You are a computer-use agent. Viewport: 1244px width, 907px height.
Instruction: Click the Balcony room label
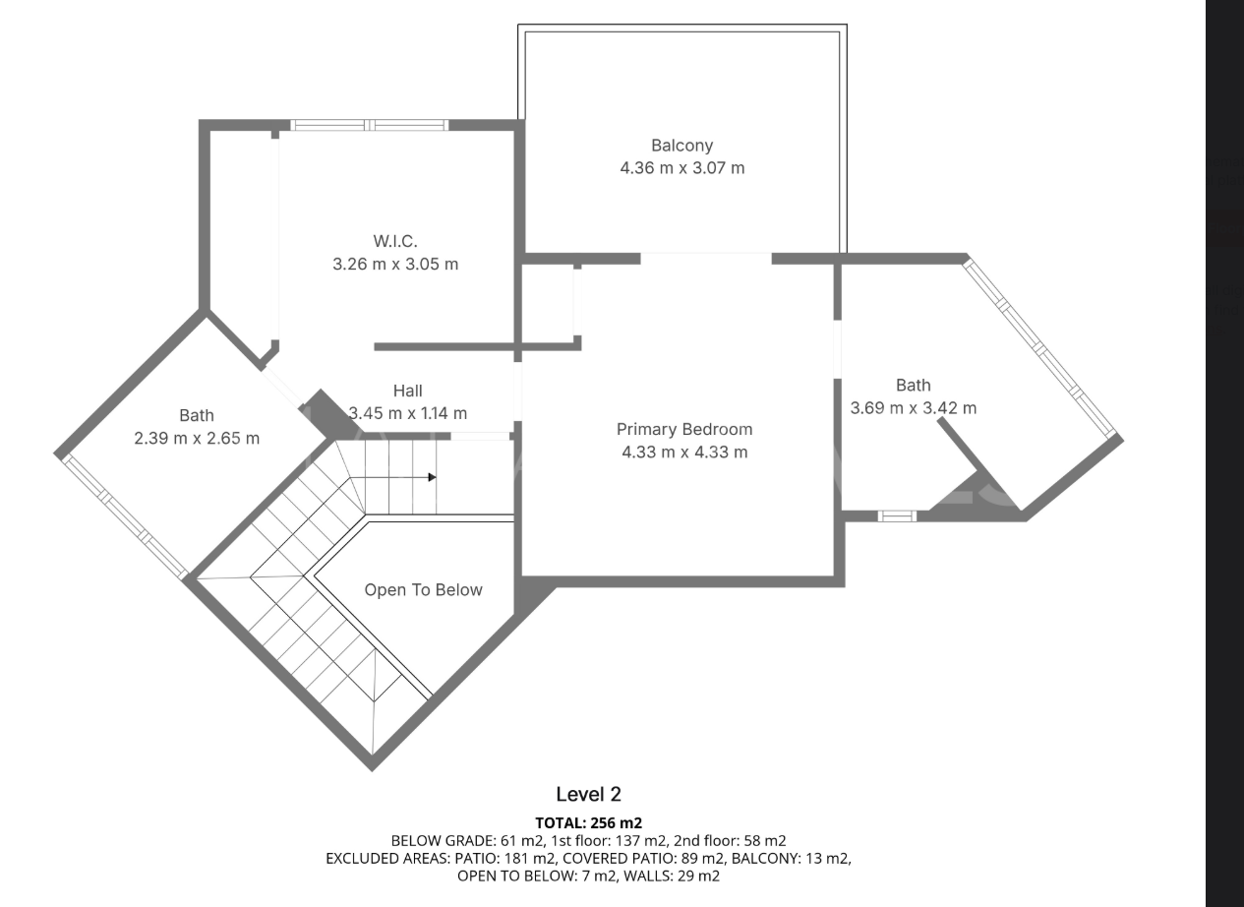pyautogui.click(x=681, y=146)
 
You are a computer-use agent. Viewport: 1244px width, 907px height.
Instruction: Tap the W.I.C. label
pyautogui.click(x=395, y=241)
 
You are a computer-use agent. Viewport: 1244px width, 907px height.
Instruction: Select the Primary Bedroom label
pyautogui.click(x=683, y=429)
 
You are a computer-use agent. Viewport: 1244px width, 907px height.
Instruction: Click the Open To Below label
pyautogui.click(x=423, y=590)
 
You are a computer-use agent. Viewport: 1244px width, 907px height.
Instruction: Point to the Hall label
pyautogui.click(x=407, y=391)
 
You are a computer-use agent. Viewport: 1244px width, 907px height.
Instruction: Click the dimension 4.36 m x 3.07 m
pyautogui.click(x=681, y=168)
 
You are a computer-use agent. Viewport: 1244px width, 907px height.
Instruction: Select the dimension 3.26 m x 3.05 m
pyautogui.click(x=395, y=264)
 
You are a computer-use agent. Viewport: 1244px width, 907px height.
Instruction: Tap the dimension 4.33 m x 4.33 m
pyautogui.click(x=683, y=453)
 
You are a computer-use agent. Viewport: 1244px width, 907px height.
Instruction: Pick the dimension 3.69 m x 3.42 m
pyautogui.click(x=913, y=408)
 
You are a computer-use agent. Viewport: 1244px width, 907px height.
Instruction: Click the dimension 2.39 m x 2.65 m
pyautogui.click(x=197, y=439)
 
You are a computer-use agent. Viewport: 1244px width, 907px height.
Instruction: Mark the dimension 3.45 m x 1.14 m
pyautogui.click(x=407, y=413)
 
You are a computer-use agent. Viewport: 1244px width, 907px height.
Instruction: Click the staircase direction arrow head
pyautogui.click(x=432, y=478)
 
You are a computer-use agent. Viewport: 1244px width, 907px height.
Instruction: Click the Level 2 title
pyautogui.click(x=588, y=794)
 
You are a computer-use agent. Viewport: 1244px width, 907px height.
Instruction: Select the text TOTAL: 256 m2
pyautogui.click(x=588, y=822)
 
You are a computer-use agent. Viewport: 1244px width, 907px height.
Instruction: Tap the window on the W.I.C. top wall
pyautogui.click(x=370, y=125)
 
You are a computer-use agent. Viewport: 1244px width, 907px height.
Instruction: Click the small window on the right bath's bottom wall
pyautogui.click(x=896, y=515)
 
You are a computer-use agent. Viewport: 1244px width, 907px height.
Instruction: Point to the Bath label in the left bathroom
pyautogui.click(x=197, y=416)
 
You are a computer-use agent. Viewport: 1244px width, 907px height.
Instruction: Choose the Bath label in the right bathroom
pyautogui.click(x=913, y=386)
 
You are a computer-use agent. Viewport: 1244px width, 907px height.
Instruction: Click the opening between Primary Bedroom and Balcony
pyautogui.click(x=706, y=258)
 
